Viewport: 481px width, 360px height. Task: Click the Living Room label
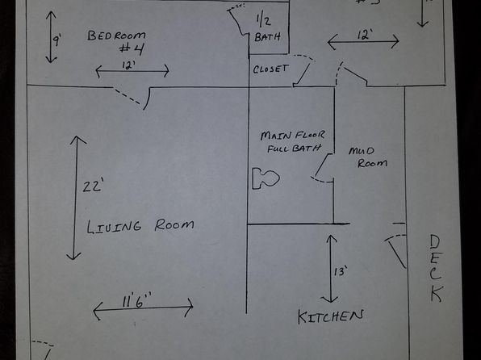coord(140,227)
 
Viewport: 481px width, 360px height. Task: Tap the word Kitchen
coord(331,316)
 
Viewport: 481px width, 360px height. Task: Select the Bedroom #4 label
coord(116,42)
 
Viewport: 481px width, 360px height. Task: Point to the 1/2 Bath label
coord(267,29)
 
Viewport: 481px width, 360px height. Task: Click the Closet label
coord(271,69)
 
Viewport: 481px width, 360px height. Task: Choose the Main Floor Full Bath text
coord(292,142)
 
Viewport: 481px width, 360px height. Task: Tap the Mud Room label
coord(367,157)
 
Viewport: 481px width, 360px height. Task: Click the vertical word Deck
coord(436,269)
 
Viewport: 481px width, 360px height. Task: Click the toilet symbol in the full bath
coord(266,178)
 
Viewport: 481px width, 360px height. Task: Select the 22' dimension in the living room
coord(92,186)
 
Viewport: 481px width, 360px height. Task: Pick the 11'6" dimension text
coord(136,299)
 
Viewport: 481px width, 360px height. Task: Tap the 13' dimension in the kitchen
coord(341,271)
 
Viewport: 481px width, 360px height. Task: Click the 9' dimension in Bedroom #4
coord(57,40)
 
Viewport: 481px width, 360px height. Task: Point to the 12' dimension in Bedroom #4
coord(128,65)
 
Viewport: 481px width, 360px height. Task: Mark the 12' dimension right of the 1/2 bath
coord(365,36)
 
